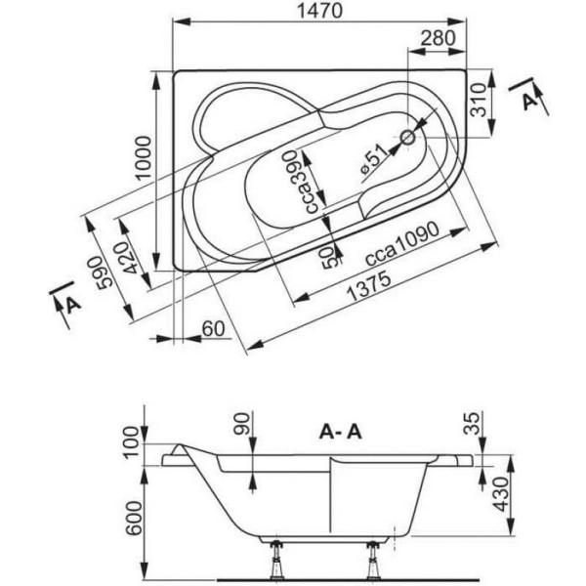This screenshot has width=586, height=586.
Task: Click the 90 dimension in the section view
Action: click(243, 424)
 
